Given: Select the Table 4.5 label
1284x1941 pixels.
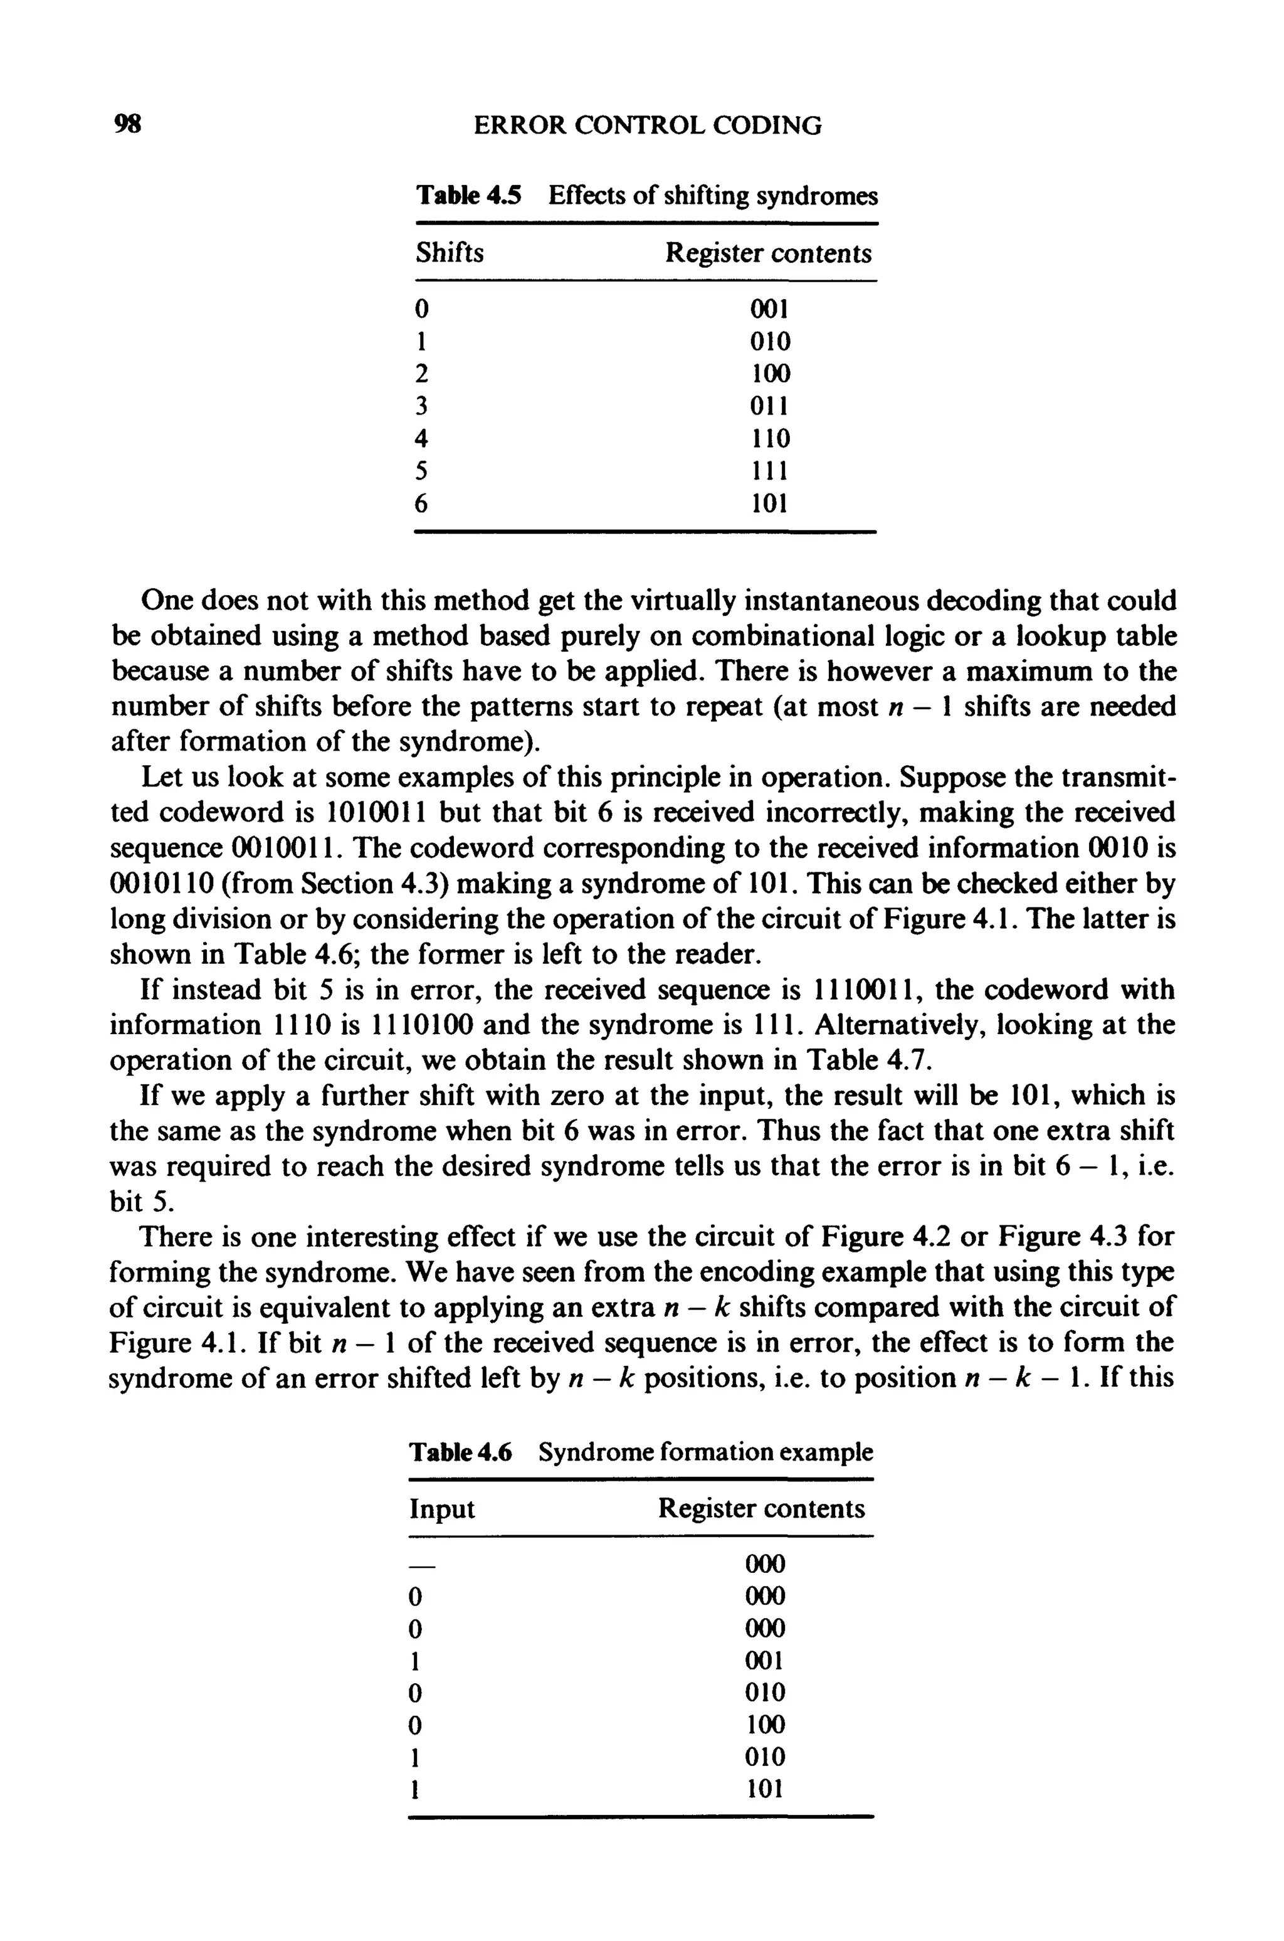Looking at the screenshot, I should [468, 196].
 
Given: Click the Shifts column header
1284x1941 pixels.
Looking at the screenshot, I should [449, 253].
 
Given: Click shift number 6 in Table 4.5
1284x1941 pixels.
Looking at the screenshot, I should [421, 504].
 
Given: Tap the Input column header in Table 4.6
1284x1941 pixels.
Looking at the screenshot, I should [441, 1508].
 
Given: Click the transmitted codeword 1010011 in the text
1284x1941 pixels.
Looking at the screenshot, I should [374, 813].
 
